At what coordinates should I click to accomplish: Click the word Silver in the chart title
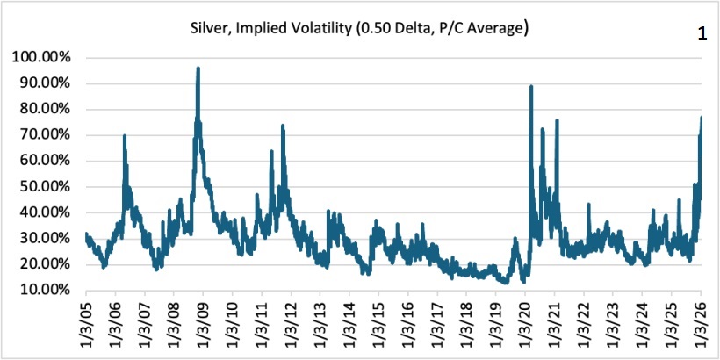click(208, 30)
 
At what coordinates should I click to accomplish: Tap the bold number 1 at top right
click(702, 34)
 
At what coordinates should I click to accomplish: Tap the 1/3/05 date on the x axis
click(86, 325)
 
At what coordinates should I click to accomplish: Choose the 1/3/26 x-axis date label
click(702, 325)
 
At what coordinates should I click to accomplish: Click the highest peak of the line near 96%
click(198, 68)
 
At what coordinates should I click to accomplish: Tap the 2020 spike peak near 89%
click(531, 86)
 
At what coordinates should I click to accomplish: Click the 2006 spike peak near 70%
click(125, 135)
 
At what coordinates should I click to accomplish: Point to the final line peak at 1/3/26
click(701, 118)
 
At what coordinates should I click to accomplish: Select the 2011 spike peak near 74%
click(283, 126)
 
